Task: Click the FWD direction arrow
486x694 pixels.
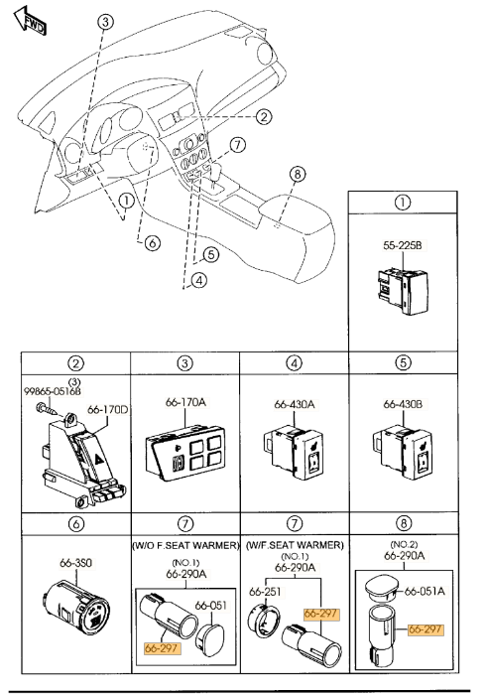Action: coord(30,21)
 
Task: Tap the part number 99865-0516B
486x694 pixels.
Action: coord(53,391)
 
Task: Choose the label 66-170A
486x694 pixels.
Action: coord(185,402)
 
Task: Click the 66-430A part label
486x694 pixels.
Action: coord(295,404)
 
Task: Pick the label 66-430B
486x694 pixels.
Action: coord(403,404)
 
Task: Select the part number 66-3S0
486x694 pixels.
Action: coord(76,563)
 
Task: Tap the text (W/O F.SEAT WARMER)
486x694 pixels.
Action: coord(185,545)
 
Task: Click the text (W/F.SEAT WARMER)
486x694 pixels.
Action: coord(295,545)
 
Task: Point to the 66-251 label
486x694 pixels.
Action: coord(265,592)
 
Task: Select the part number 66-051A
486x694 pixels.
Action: coord(425,592)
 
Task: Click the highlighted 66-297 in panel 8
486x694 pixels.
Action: coord(425,628)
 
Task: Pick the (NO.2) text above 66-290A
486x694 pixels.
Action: coord(404,544)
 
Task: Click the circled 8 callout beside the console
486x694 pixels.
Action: coord(298,174)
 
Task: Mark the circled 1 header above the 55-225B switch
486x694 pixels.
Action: coord(403,203)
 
